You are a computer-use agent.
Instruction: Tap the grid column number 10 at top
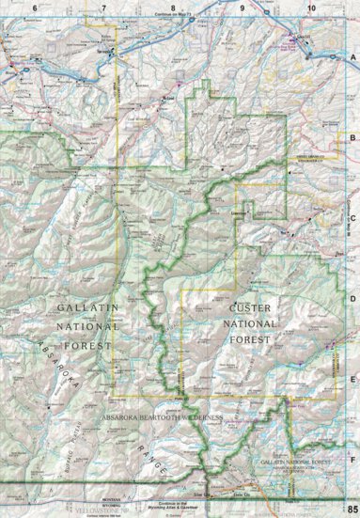point(311,8)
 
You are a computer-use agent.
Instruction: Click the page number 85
point(351,509)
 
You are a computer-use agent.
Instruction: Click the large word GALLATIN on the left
point(84,308)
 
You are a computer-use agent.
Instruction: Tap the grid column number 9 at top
point(242,8)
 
